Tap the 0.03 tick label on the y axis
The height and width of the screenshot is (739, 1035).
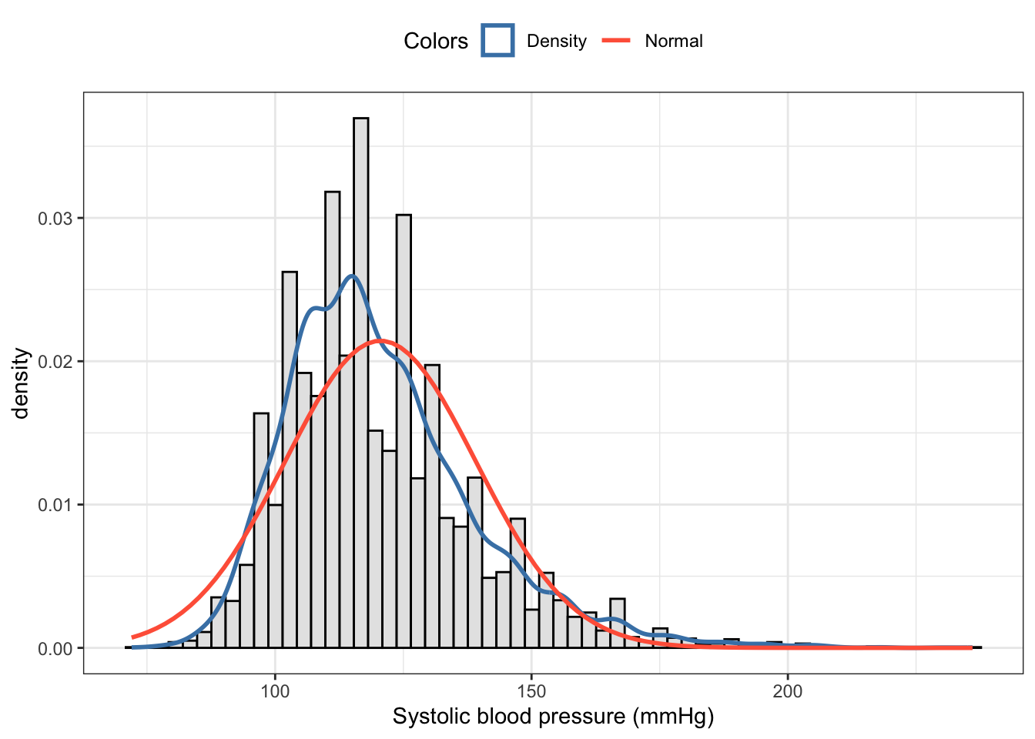tap(55, 219)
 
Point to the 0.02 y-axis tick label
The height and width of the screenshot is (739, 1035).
tap(55, 362)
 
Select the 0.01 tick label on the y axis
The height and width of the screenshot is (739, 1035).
tap(55, 505)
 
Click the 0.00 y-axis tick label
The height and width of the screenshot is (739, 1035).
tap(55, 649)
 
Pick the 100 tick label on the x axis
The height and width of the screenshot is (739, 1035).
tap(275, 691)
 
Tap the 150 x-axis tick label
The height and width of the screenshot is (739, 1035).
tap(531, 691)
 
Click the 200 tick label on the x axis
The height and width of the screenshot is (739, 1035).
tap(787, 691)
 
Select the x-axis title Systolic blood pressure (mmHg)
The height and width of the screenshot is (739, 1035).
tap(553, 717)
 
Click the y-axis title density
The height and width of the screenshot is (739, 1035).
tap(21, 383)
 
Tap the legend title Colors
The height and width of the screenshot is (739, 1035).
tap(435, 42)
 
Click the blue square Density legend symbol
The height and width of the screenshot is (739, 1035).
tap(497, 41)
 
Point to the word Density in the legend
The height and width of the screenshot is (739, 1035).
tap(556, 42)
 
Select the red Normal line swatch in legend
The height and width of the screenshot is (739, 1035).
tap(616, 41)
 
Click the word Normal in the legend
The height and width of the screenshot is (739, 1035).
tap(674, 42)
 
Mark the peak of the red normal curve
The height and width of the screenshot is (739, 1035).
tap(378, 340)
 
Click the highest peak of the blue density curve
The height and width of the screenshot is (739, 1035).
tap(352, 276)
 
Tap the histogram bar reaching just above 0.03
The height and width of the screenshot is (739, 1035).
tap(404, 431)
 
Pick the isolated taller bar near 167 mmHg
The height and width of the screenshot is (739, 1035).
tap(617, 623)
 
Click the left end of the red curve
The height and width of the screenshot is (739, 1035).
tap(132, 637)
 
